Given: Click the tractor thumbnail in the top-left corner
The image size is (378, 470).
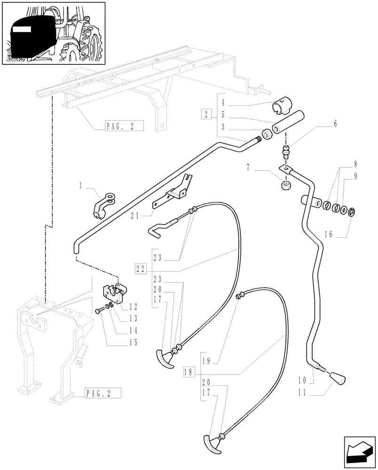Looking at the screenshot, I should [53, 33].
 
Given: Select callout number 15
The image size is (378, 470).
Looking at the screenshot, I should [134, 343].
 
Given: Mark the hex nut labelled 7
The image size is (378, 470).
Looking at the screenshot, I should [285, 185].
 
